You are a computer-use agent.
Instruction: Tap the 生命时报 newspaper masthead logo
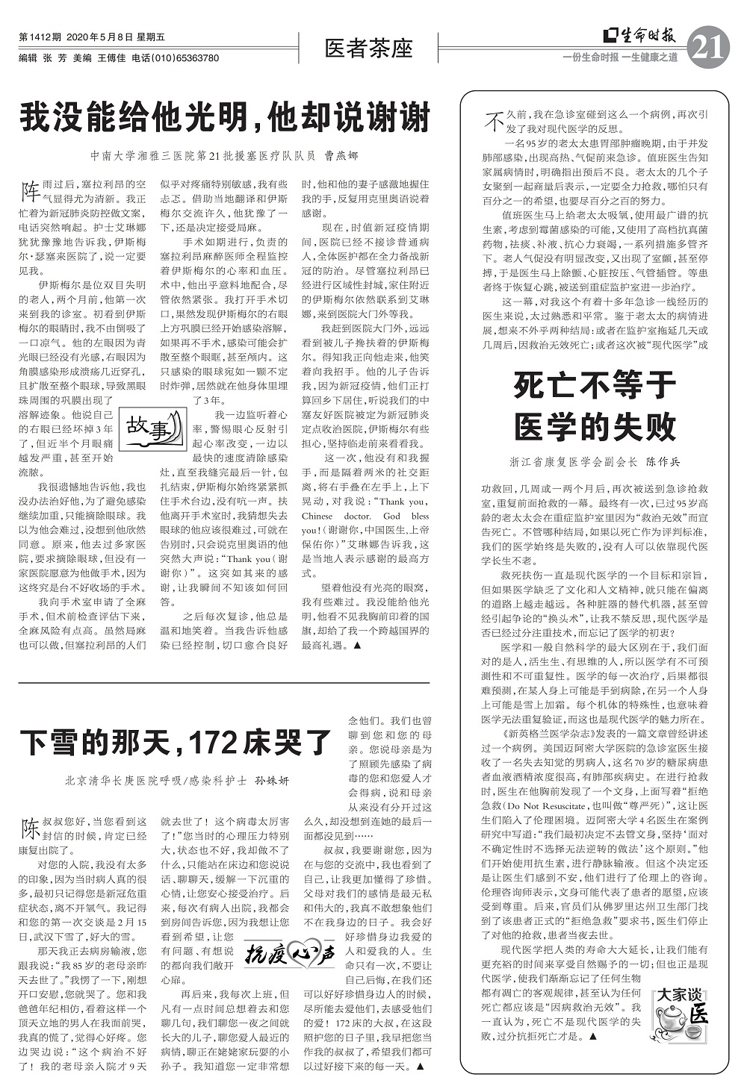pos(640,35)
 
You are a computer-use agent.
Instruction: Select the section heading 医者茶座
pos(369,49)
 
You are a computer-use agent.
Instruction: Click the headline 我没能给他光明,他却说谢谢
pos(225,116)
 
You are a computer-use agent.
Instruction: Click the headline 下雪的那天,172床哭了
pos(176,742)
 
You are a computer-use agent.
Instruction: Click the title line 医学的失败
pos(595,427)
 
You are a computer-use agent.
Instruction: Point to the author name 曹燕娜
pos(341,156)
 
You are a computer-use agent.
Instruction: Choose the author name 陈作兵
pos(663,462)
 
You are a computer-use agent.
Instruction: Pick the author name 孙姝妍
pos(272,781)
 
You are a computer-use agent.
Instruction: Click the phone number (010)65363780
pos(185,58)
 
